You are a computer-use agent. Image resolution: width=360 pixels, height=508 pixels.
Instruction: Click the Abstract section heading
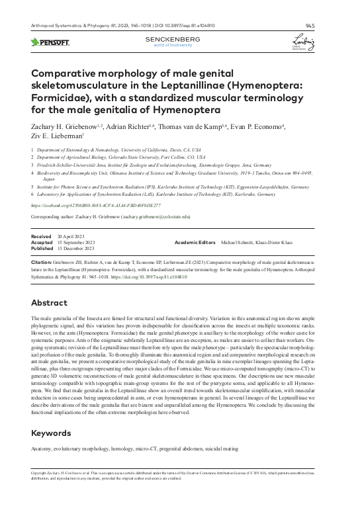pos(50,302)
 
